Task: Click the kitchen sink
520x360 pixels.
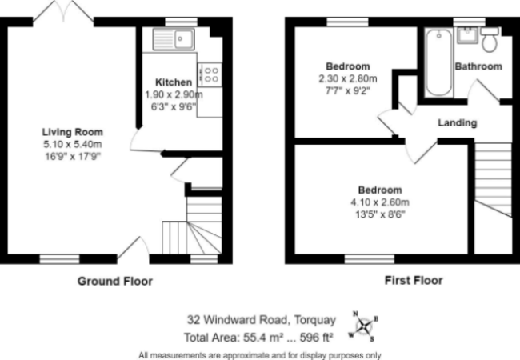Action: pyautogui.click(x=174, y=39)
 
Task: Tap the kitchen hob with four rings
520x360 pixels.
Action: pyautogui.click(x=210, y=75)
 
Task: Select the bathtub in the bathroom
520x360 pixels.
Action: pyautogui.click(x=438, y=62)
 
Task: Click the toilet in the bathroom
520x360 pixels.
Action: pyautogui.click(x=490, y=39)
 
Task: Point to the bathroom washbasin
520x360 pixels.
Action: pyautogui.click(x=467, y=35)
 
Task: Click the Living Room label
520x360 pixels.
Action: pyautogui.click(x=73, y=132)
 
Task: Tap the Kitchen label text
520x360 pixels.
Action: pyautogui.click(x=174, y=82)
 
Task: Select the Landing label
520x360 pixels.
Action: pyautogui.click(x=458, y=123)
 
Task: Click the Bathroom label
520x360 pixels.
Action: pyautogui.click(x=478, y=66)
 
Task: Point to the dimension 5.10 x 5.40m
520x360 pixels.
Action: pyautogui.click(x=73, y=144)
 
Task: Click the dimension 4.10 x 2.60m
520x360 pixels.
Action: pyautogui.click(x=380, y=202)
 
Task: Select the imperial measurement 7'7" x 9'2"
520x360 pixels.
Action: pyautogui.click(x=348, y=90)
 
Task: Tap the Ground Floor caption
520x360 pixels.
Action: pyautogui.click(x=115, y=281)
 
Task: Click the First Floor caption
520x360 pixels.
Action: pyautogui.click(x=414, y=281)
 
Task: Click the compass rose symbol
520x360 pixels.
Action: pyautogui.click(x=364, y=326)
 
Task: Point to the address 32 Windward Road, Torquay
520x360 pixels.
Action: pyautogui.click(x=262, y=320)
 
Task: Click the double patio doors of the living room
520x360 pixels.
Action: pyautogui.click(x=63, y=12)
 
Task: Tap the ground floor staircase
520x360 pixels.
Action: pyautogui.click(x=192, y=226)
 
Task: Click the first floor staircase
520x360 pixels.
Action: pyautogui.click(x=493, y=180)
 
